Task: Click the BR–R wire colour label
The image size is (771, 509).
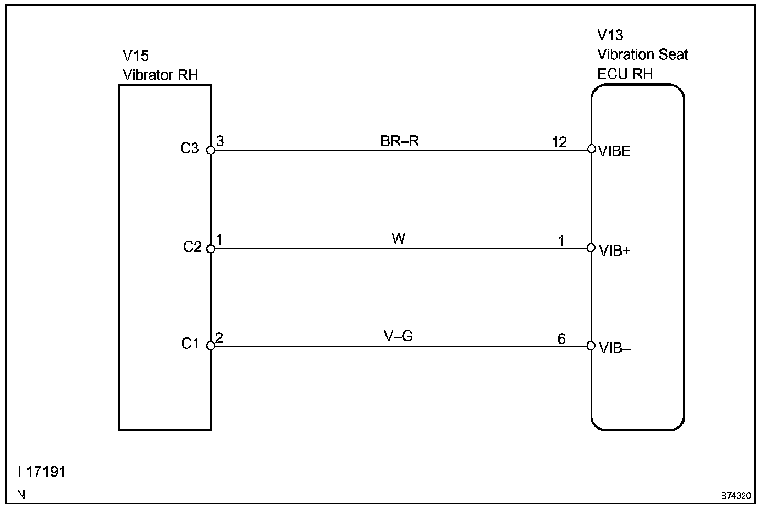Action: coord(400,141)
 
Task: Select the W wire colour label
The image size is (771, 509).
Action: coord(399,239)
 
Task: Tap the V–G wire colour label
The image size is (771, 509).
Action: coord(399,336)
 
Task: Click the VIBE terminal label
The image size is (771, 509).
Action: coord(615,152)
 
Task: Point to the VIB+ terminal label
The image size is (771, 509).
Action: coord(615,250)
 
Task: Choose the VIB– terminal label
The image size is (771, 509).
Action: coord(615,348)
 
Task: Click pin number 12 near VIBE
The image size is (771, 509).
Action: coord(559,142)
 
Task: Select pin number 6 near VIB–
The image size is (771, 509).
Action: coord(561,339)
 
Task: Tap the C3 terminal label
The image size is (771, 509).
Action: coord(190,149)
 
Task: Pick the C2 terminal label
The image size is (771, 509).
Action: coord(192,246)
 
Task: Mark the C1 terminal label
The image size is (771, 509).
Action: coord(191,344)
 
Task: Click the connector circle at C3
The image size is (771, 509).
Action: coord(211,150)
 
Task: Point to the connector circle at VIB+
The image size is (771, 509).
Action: coord(591,247)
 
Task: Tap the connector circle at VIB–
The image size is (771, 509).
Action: coord(591,346)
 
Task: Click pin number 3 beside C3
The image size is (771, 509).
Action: coord(220,141)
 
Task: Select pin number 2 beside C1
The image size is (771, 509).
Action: coord(219,338)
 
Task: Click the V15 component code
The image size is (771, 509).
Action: coord(136,56)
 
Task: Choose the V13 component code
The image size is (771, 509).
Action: coord(610,35)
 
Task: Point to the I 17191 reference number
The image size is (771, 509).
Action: coord(42,472)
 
